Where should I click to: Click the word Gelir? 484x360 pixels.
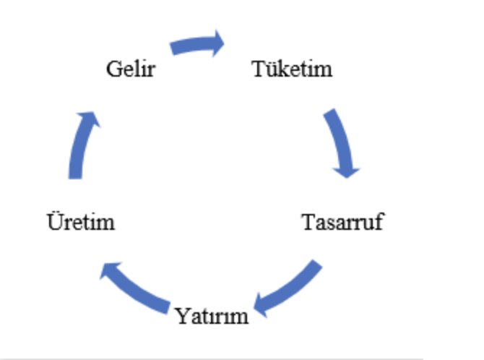(x=130, y=70)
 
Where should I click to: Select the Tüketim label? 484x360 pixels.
(x=292, y=69)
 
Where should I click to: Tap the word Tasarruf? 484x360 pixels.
(x=342, y=221)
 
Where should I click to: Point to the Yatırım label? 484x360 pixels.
(x=212, y=316)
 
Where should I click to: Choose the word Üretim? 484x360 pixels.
(x=80, y=221)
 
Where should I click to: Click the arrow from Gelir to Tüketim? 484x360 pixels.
(x=195, y=45)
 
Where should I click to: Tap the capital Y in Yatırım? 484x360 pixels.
(x=181, y=316)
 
